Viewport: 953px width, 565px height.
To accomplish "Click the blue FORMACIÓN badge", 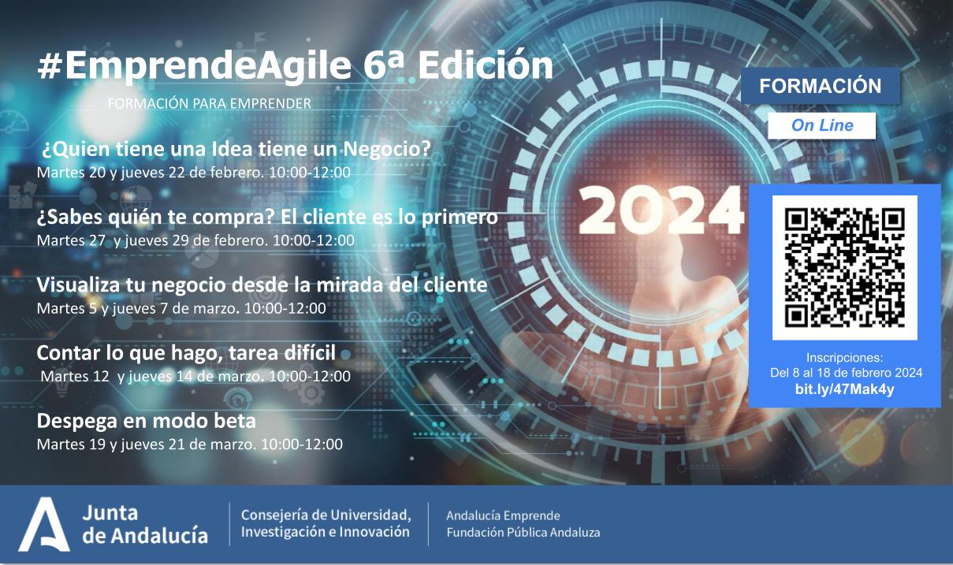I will tap(820, 86).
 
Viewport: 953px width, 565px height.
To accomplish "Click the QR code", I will tap(844, 267).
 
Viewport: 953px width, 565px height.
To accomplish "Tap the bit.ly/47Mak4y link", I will tap(844, 389).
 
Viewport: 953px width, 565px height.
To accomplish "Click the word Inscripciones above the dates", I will tap(844, 357).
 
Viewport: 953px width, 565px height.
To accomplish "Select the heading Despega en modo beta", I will tap(147, 420).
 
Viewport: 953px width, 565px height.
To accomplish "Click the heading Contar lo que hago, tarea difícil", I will tap(186, 351).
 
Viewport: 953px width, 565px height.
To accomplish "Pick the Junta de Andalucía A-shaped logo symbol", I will tap(44, 524).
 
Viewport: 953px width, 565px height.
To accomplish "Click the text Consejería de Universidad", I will tap(326, 515).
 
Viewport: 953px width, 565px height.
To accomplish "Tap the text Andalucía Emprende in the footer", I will tap(503, 515).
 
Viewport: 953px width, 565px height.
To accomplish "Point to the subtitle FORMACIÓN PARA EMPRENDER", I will tap(209, 103).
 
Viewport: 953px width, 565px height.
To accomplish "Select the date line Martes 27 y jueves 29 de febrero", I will tap(195, 240).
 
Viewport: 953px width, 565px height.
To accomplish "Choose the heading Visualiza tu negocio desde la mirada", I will tap(262, 284).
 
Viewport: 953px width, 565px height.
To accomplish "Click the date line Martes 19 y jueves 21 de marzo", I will tap(189, 444).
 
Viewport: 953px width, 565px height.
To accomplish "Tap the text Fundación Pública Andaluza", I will tap(523, 533).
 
